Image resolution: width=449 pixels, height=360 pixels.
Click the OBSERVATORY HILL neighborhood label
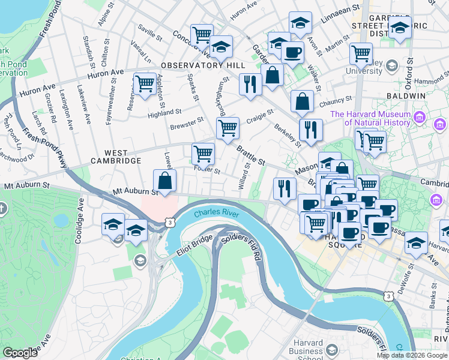coord(201,65)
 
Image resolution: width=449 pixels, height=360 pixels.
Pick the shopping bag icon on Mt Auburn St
coord(164,181)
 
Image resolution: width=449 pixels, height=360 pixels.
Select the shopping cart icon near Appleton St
coord(145,84)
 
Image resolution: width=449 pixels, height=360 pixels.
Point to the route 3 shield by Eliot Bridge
coord(170,223)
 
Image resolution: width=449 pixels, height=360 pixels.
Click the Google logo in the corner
coord(20,353)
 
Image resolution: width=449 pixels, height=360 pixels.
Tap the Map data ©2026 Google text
coord(411,356)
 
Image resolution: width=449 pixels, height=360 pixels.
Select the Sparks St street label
coord(193,88)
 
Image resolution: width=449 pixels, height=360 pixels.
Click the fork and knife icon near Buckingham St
coord(250,83)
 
